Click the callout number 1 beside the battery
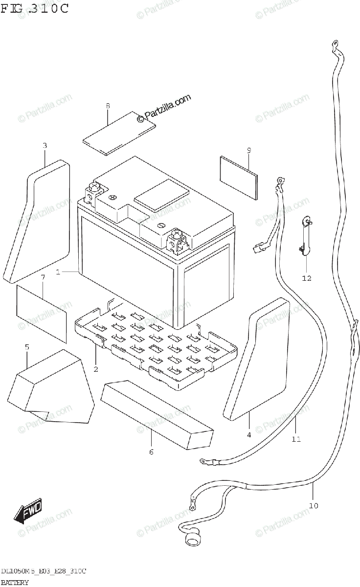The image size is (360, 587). click(x=58, y=272)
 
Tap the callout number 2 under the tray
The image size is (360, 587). click(x=96, y=369)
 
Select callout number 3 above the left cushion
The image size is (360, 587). click(x=45, y=145)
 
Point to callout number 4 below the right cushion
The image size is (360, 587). click(x=248, y=434)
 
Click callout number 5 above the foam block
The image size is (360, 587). click(x=27, y=347)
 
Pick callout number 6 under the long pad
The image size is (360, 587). click(x=151, y=452)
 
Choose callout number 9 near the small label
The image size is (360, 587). click(x=248, y=150)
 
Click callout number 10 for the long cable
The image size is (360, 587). click(x=314, y=505)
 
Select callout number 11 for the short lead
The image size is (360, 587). click(x=296, y=439)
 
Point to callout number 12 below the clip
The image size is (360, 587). click(x=306, y=279)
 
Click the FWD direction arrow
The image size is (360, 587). click(x=28, y=511)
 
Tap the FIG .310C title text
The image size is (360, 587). click(x=34, y=8)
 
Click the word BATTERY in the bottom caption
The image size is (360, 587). click(x=15, y=582)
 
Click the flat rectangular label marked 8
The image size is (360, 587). click(x=119, y=133)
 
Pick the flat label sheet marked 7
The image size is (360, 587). click(x=42, y=313)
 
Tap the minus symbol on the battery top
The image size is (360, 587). click(x=161, y=226)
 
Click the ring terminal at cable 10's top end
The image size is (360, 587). click(x=335, y=45)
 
